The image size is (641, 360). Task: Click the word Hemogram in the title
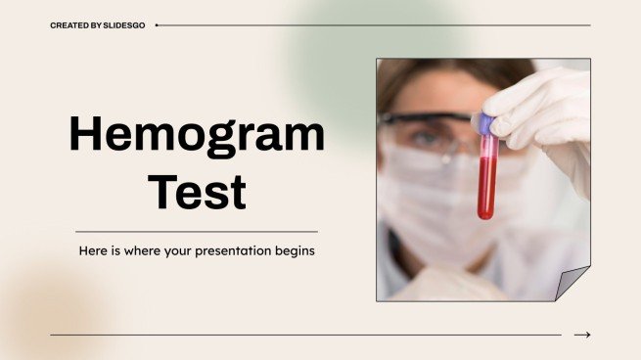[x=196, y=135]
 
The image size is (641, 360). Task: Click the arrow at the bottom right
[x=582, y=335]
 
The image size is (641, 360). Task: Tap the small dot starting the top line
[x=157, y=25]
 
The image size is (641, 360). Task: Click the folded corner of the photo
[x=572, y=284]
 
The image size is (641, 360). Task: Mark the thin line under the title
[x=196, y=231]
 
